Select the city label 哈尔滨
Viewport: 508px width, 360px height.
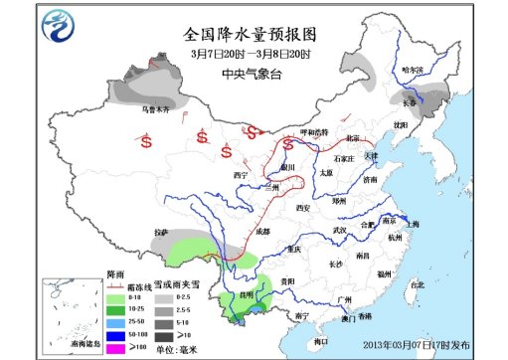[411, 71]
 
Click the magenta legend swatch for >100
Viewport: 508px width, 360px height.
[115, 347]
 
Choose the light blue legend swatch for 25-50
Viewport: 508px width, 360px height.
[115, 321]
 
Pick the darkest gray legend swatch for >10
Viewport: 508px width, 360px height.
[165, 334]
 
